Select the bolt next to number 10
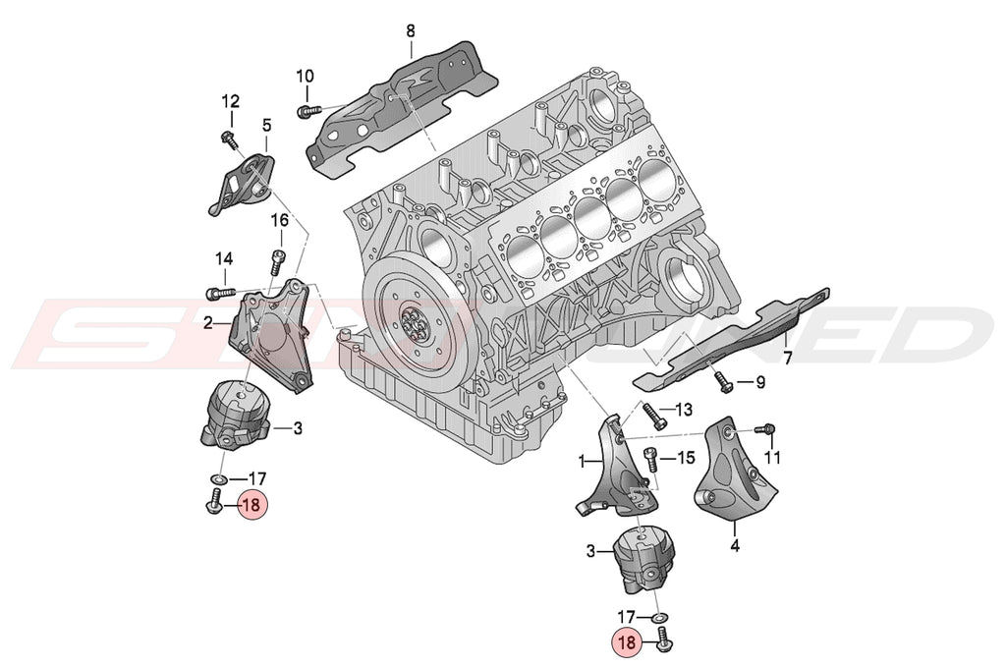coord(305,110)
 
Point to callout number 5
coord(266,125)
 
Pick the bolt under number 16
coord(278,261)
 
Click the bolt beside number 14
coord(218,292)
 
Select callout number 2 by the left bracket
coord(208,321)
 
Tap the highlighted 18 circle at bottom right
coord(627,643)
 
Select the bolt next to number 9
coord(724,381)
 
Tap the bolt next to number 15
coord(649,458)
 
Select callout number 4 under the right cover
coord(736,541)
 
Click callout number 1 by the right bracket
coord(583,460)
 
